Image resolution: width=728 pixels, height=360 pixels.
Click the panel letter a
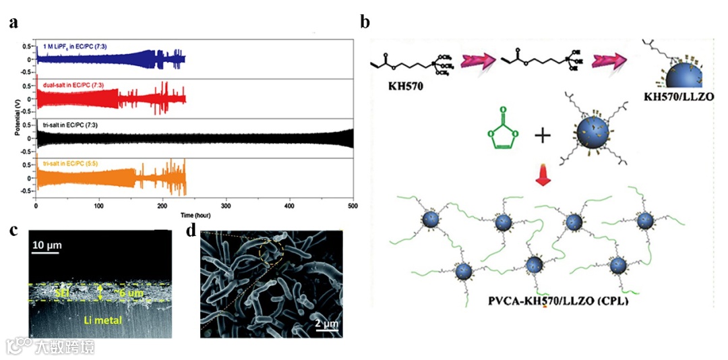point(13,24)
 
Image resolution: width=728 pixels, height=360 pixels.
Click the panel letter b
point(365,22)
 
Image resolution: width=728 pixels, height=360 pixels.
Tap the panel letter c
point(13,231)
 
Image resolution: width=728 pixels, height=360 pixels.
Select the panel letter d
point(191,231)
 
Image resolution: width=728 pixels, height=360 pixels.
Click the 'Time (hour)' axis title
point(195,214)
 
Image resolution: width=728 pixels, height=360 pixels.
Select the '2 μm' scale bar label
point(327,324)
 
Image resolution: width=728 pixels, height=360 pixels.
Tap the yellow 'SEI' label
point(61,291)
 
